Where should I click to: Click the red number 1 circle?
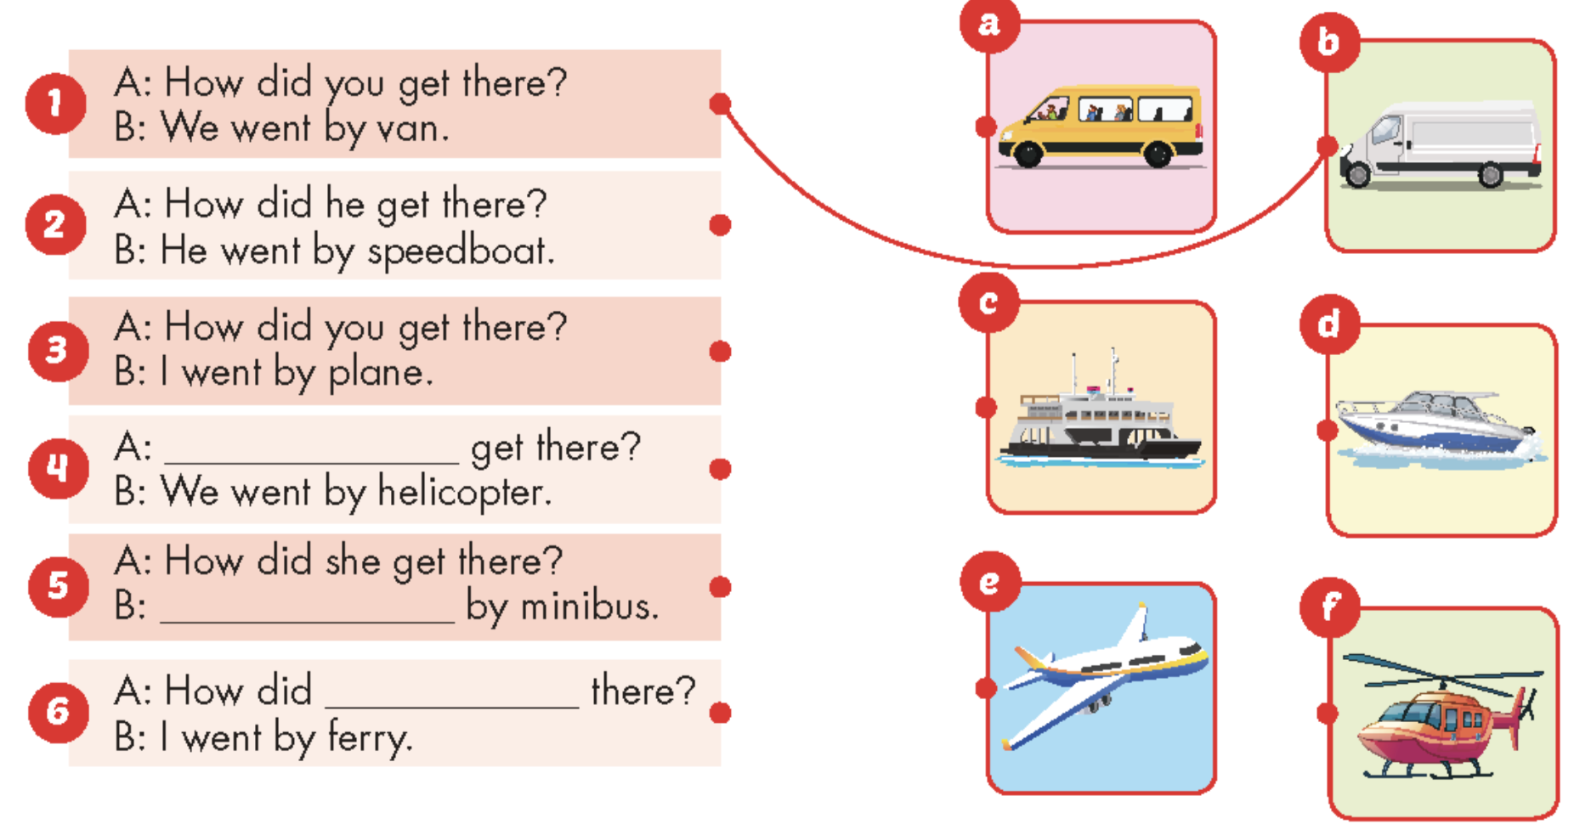55,104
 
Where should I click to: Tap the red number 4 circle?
58,468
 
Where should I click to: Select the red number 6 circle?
58,712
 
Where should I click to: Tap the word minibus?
589,607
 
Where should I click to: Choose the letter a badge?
989,24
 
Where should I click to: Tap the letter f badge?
1330,607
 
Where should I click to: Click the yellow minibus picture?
1101,126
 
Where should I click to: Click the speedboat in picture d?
1439,427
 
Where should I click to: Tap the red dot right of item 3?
720,351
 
